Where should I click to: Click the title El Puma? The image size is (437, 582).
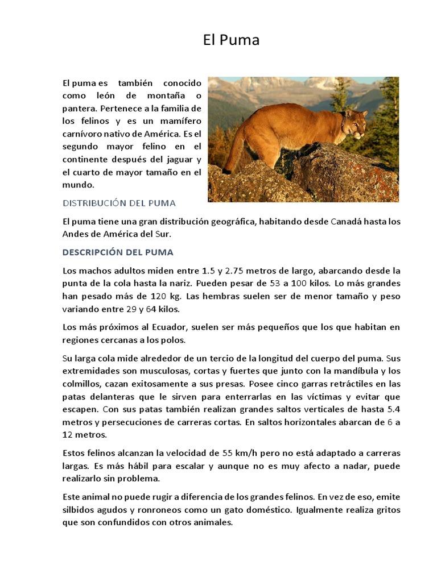pos(231,40)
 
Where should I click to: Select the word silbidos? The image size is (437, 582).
pos(79,510)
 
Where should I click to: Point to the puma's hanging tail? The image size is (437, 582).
pos(233,153)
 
